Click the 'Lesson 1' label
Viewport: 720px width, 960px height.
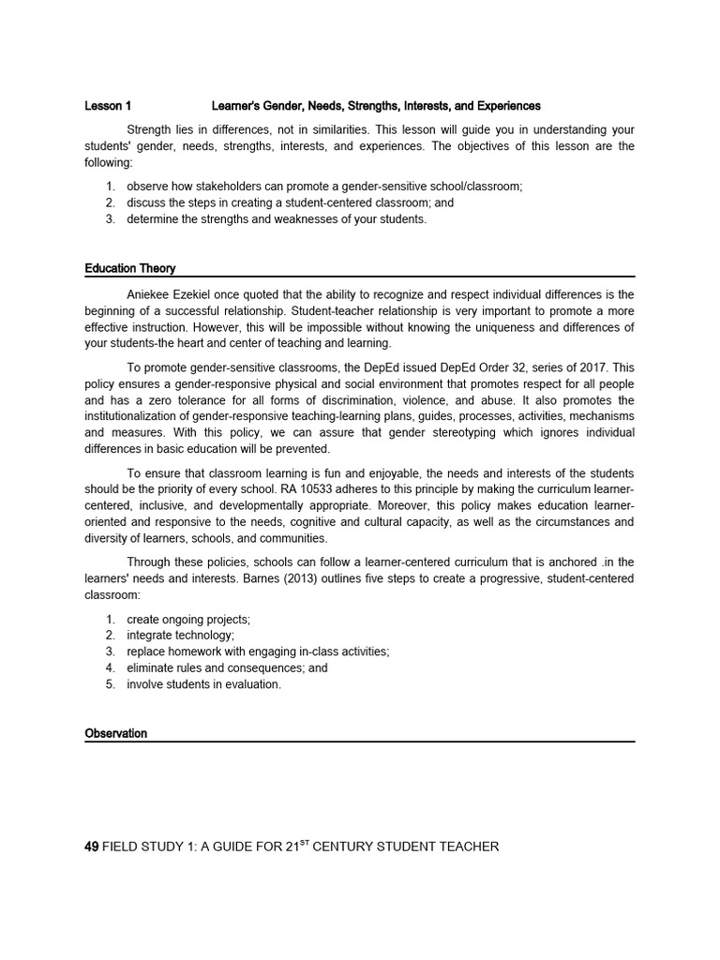pyautogui.click(x=108, y=106)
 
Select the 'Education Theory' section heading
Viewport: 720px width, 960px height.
pyautogui.click(x=130, y=269)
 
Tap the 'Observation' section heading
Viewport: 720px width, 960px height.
pyautogui.click(x=116, y=733)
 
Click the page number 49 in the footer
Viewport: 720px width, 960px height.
pyautogui.click(x=92, y=847)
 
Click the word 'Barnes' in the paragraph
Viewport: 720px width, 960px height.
pyautogui.click(x=262, y=578)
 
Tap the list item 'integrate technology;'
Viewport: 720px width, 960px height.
pyautogui.click(x=181, y=635)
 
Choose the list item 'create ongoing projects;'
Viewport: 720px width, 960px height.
pyautogui.click(x=188, y=619)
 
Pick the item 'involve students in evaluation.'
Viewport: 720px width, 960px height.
pyautogui.click(x=203, y=684)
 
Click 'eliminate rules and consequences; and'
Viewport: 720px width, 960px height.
pyautogui.click(x=228, y=668)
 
